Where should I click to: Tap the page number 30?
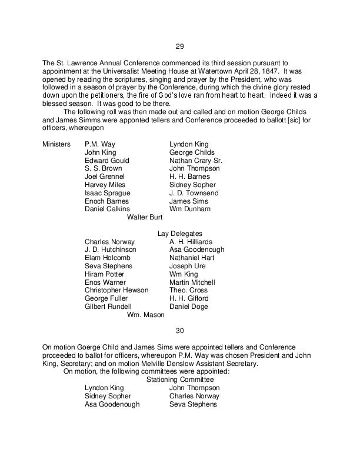179,330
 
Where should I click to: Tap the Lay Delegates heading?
179,234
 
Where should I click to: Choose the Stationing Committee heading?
179,380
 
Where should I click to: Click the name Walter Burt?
145,217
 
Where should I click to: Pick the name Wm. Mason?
145,315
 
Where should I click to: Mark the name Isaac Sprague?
108,193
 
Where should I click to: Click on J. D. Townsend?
194,193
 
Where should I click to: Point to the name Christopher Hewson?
116,291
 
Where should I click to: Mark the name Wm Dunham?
190,209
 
